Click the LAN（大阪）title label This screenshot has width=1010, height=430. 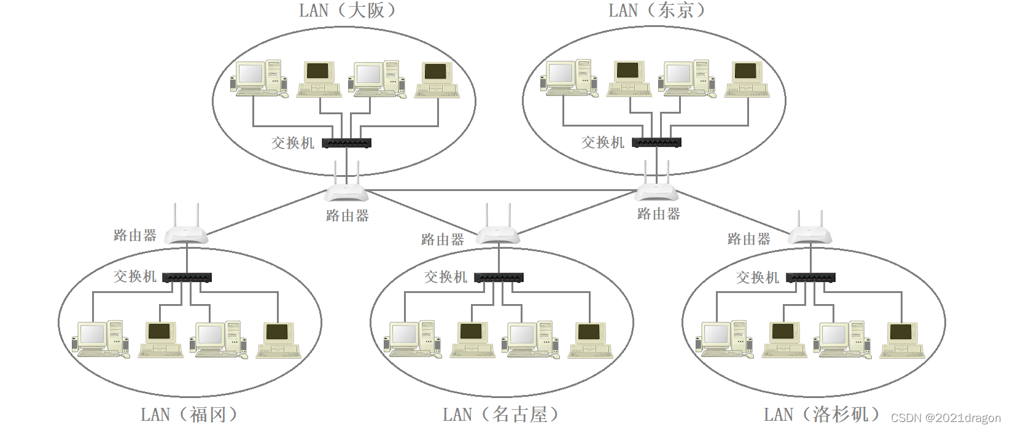point(348,10)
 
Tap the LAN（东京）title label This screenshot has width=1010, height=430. point(657,10)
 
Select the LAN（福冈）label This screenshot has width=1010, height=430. point(189,415)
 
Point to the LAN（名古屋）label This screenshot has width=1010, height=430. point(501,415)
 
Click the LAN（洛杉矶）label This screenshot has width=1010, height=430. point(822,415)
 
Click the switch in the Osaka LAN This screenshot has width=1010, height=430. point(346,143)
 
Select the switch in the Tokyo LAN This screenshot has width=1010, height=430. point(656,143)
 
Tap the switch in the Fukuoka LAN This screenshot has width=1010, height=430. point(187,278)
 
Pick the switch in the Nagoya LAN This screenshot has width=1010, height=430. point(499,278)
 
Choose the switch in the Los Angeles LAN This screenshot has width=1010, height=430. point(810,278)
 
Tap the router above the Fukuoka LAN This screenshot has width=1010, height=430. point(187,233)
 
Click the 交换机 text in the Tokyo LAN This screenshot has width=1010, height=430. point(603,143)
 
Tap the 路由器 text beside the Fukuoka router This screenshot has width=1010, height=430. point(135,235)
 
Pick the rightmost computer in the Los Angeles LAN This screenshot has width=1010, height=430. point(902,340)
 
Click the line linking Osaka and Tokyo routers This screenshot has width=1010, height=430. point(501,190)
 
